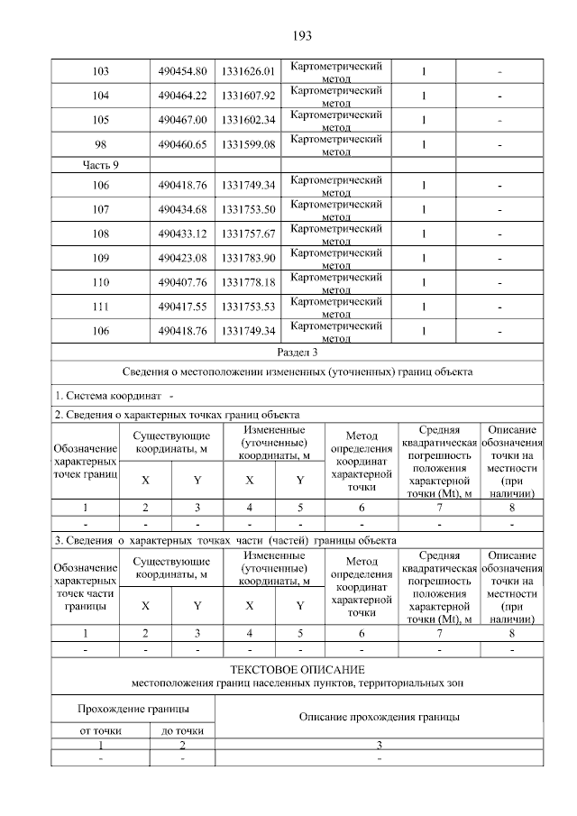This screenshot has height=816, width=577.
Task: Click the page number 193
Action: click(301, 36)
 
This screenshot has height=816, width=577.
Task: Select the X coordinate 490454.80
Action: click(182, 71)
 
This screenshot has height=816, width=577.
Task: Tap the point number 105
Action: click(101, 120)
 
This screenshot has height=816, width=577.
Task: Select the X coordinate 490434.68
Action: click(182, 210)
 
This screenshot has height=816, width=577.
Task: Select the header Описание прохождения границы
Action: click(380, 717)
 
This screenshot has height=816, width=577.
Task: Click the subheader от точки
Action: click(100, 731)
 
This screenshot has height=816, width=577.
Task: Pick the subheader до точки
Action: click(182, 731)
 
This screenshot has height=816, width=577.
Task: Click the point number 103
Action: click(101, 71)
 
